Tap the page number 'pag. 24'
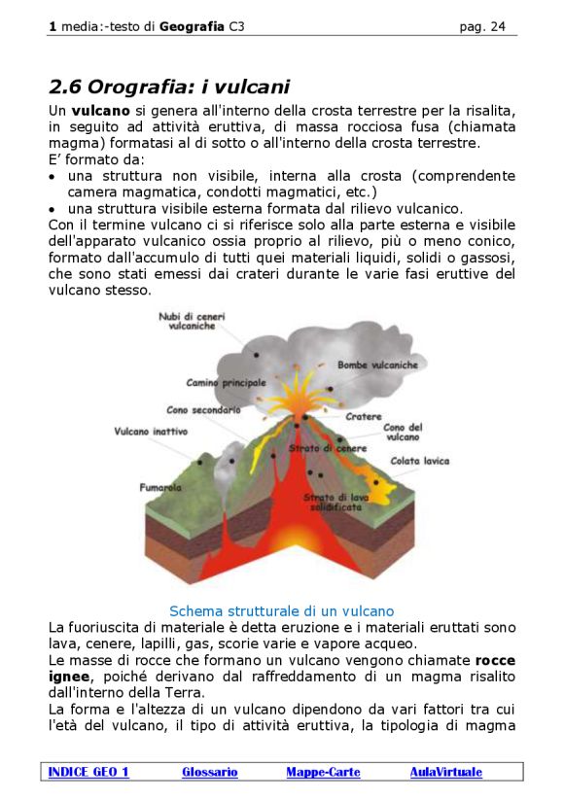[x=482, y=26]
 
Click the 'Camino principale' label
[x=226, y=383]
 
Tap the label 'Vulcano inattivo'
[x=151, y=431]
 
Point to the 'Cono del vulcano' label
[x=402, y=433]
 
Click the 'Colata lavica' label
[x=419, y=461]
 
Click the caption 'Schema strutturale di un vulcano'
[x=281, y=611]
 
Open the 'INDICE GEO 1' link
[x=88, y=772]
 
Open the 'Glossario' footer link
[x=209, y=772]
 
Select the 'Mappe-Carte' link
[x=323, y=772]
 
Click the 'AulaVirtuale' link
[x=445, y=772]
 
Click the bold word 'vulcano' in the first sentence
[x=100, y=111]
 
